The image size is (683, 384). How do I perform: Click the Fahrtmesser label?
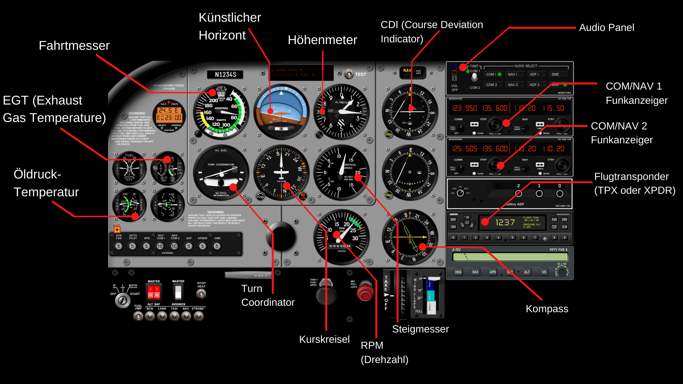pos(74,46)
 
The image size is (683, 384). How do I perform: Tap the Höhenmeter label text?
pos(322,40)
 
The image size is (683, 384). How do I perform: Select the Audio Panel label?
pos(607,28)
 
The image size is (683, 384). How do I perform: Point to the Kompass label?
pos(547,309)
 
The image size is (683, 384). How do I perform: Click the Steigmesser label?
pos(420,329)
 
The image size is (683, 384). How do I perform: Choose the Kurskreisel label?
pos(324,340)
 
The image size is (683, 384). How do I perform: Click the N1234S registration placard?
pos(225,75)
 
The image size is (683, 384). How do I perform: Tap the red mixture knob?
pos(365,292)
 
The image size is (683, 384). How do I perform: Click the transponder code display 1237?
pos(505,223)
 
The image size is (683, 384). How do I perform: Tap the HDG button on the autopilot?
pos(458,272)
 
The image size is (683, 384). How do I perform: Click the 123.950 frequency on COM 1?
pos(464,108)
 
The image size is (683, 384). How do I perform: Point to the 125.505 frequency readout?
pos(464,149)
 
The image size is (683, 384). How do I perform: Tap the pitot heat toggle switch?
pos(201,294)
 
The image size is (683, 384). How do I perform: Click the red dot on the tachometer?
pos(338,235)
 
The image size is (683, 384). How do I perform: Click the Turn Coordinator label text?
pos(268,295)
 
